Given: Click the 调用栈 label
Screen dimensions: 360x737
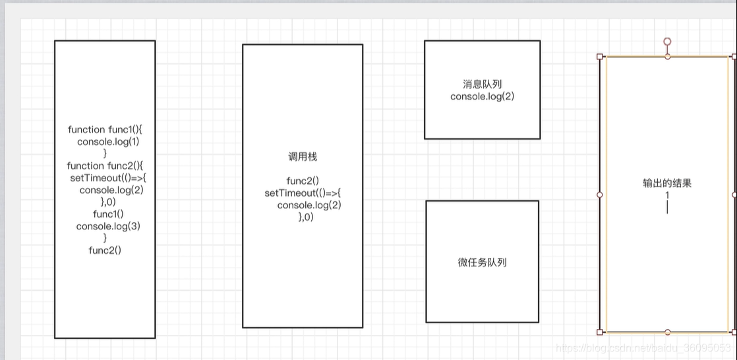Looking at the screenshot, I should coord(303,157).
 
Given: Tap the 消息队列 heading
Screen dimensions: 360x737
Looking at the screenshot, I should coord(482,84).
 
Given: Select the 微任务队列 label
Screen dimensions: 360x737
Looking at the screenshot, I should coord(482,262).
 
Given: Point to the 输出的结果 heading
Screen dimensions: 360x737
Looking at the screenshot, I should coord(667,183).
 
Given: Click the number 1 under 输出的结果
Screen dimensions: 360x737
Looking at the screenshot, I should coord(667,195).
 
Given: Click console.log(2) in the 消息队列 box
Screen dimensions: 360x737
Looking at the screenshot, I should coord(482,96).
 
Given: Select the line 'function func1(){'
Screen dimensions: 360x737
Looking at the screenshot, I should coord(105,130).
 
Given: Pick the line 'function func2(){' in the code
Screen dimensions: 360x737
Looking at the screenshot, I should coord(105,165).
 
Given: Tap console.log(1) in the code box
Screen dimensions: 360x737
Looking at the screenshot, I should coord(108,142).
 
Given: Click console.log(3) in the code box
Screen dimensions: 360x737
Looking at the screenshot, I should coord(108,226).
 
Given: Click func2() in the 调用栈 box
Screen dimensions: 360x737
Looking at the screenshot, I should coord(303,181).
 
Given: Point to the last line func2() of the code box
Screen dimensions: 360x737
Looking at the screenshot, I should coord(105,250).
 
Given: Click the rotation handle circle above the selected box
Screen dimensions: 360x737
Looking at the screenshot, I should coord(667,42).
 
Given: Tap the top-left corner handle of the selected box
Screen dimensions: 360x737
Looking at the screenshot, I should coord(600,57).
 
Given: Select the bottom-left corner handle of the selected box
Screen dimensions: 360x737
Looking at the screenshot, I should coord(600,332).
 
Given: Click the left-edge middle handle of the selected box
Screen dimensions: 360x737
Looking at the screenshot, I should coord(600,195).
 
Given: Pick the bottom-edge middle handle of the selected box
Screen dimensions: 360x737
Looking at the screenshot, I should coord(667,332).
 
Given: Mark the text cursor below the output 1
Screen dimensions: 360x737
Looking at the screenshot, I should coord(667,208).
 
